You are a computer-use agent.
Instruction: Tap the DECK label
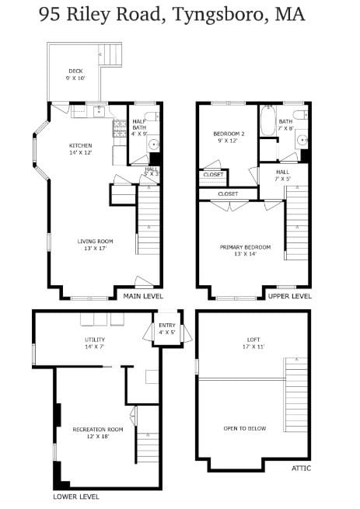click(75, 71)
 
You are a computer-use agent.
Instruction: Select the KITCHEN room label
click(81, 145)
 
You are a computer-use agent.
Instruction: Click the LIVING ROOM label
click(95, 241)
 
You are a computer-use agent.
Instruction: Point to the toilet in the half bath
click(152, 116)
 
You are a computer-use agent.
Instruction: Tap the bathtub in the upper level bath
click(267, 120)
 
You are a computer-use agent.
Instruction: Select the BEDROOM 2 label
click(229, 134)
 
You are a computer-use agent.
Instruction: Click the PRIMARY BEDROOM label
click(245, 247)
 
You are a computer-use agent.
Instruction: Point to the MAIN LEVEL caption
click(143, 296)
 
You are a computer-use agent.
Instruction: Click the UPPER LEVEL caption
click(289, 296)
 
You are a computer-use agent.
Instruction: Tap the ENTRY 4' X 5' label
click(167, 329)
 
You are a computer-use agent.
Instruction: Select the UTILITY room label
click(95, 340)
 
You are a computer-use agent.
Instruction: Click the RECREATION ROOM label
click(98, 430)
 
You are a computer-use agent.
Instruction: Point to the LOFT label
click(253, 340)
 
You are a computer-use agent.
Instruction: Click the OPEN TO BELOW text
click(245, 428)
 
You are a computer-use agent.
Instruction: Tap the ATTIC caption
click(301, 468)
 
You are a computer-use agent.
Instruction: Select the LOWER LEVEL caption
click(76, 497)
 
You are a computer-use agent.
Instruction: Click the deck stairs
click(110, 55)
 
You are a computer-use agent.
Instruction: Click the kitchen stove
click(120, 128)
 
